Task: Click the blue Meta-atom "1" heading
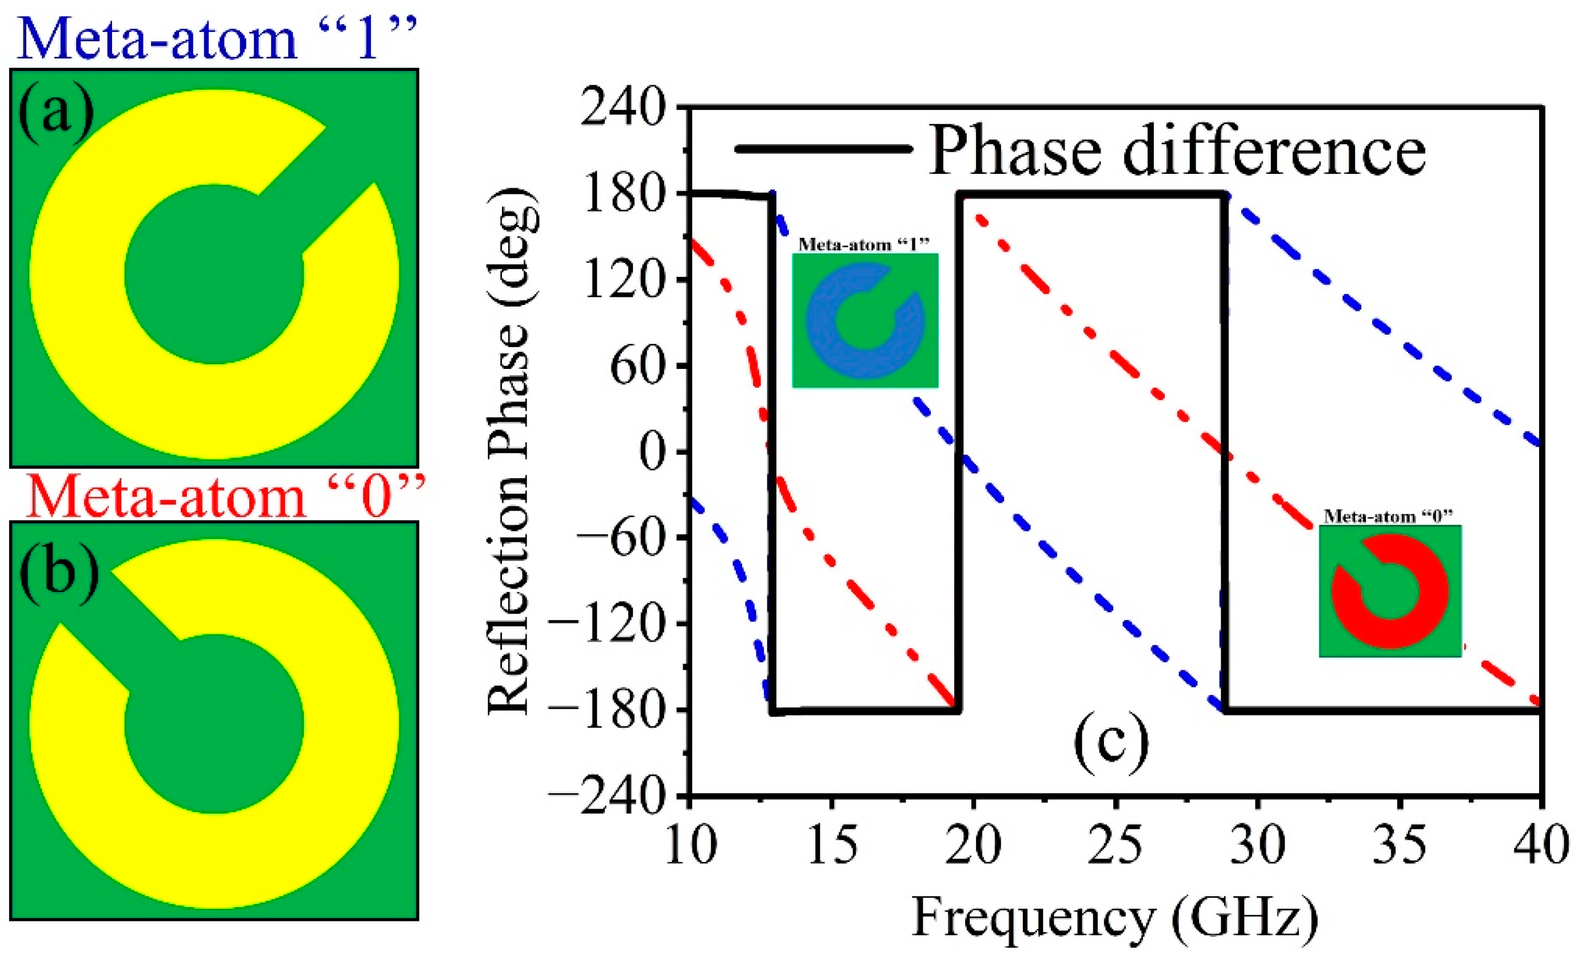[218, 38]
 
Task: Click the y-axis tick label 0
[653, 452]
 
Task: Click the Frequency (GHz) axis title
[1114, 917]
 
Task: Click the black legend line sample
[823, 149]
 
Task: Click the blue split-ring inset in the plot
[864, 320]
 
